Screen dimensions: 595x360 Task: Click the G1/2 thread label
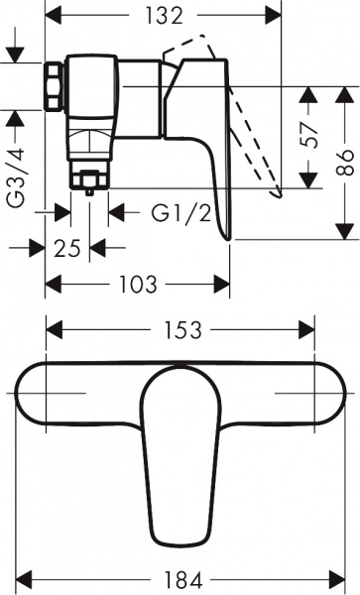click(x=180, y=211)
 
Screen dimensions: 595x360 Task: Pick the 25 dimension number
click(x=67, y=248)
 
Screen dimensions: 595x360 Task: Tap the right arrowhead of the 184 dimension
click(x=335, y=575)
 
